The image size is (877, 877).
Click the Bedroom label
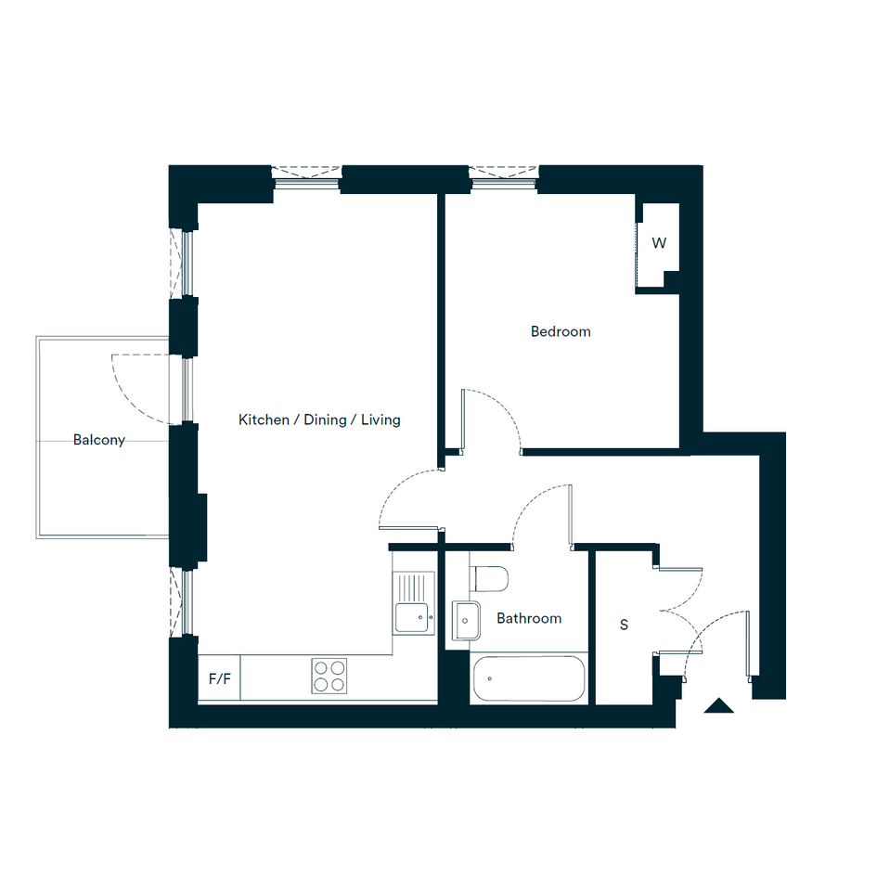point(561,331)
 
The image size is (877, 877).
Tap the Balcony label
point(99,440)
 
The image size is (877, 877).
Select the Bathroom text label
point(529,618)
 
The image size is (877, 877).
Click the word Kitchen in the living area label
point(264,420)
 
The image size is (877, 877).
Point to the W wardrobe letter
point(659,243)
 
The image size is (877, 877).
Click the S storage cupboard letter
point(625,625)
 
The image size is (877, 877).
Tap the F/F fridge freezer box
point(219,677)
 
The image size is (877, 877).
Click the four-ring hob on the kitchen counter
point(329,676)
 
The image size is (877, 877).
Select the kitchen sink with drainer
point(414,603)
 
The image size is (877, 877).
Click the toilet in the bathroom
point(489,579)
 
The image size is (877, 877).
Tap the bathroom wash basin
point(466,621)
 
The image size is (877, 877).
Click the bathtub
point(529,678)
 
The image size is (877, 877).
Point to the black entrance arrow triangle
point(718,705)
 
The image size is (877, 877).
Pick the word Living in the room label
point(380,420)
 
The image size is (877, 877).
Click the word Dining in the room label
point(325,420)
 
